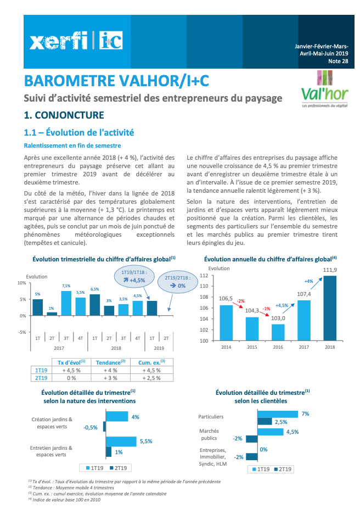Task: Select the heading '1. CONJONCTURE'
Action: click(64, 115)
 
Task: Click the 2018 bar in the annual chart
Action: click(330, 308)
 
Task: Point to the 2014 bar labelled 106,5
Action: click(226, 322)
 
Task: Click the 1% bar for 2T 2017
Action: click(52, 314)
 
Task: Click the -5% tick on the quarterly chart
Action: click(22, 332)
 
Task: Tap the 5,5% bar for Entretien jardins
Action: click(121, 442)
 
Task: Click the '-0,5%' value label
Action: click(90, 427)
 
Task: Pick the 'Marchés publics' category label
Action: click(209, 434)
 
